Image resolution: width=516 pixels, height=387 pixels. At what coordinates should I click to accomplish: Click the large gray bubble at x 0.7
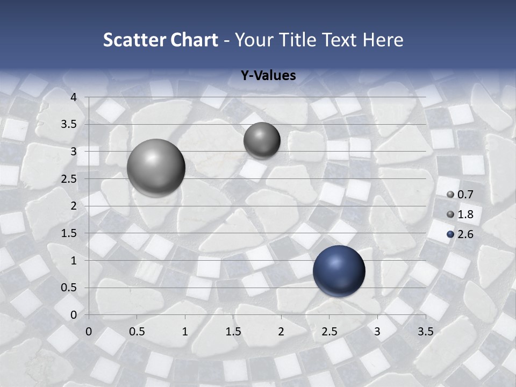coord(156,168)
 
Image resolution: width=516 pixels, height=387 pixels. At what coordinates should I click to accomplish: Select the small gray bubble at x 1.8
coord(262,140)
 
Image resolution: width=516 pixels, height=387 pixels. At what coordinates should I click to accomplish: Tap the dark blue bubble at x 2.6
coord(339,271)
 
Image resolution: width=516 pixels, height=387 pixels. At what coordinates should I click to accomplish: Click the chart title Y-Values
coord(268,76)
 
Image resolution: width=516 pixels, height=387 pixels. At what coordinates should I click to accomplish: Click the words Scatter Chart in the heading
coord(160,40)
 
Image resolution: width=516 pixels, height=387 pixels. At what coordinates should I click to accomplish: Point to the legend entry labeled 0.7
coord(460,195)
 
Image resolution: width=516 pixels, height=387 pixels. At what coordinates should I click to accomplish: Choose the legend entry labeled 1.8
coord(460,214)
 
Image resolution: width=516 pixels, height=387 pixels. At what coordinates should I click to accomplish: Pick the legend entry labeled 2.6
coord(460,234)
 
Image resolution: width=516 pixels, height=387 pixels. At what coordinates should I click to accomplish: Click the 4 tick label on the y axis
coord(74,97)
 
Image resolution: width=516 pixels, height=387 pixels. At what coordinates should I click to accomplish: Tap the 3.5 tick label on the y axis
coord(69,125)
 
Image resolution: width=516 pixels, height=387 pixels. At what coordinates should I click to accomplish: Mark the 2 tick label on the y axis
coord(74,206)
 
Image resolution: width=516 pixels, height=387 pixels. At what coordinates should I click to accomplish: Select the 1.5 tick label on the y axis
coord(69,233)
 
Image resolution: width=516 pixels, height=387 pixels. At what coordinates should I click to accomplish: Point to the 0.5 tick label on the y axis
coord(69,288)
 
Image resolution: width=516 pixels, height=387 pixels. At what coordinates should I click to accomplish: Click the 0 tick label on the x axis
coord(89,332)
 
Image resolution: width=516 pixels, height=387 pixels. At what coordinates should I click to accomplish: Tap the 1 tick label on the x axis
coord(185,332)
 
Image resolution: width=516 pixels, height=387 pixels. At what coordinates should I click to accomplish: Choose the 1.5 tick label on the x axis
coord(233,332)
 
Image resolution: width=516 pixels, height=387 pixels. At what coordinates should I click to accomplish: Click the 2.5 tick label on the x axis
coord(329,332)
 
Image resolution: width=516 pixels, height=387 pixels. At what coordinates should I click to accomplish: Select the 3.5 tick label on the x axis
coord(425,332)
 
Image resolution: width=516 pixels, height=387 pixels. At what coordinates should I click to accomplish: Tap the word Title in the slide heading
coord(299,40)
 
